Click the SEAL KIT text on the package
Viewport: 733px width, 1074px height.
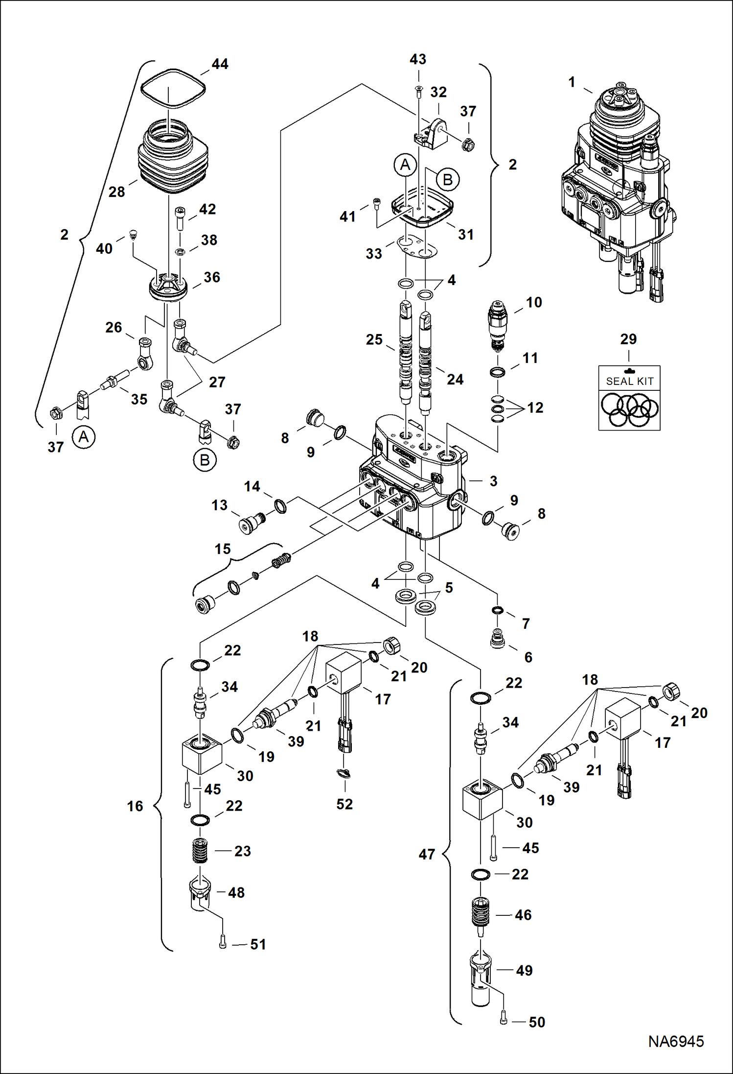[629, 381]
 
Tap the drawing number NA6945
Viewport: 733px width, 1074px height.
[676, 1041]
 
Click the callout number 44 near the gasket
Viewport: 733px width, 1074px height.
[220, 64]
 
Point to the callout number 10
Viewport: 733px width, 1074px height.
[534, 302]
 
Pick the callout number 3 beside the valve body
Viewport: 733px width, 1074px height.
[493, 481]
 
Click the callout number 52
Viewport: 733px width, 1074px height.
[344, 804]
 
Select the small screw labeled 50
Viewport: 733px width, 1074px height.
[504, 1020]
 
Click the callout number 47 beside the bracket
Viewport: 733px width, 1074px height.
[427, 855]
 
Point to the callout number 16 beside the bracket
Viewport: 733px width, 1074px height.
[135, 806]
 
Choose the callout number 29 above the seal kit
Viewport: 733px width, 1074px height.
[628, 339]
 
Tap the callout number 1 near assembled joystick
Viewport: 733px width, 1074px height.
[572, 82]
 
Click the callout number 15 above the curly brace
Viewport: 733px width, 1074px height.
[223, 549]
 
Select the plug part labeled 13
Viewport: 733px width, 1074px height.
[249, 523]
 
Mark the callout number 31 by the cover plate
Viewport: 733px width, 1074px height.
[465, 235]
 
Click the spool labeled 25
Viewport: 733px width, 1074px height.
[405, 353]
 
